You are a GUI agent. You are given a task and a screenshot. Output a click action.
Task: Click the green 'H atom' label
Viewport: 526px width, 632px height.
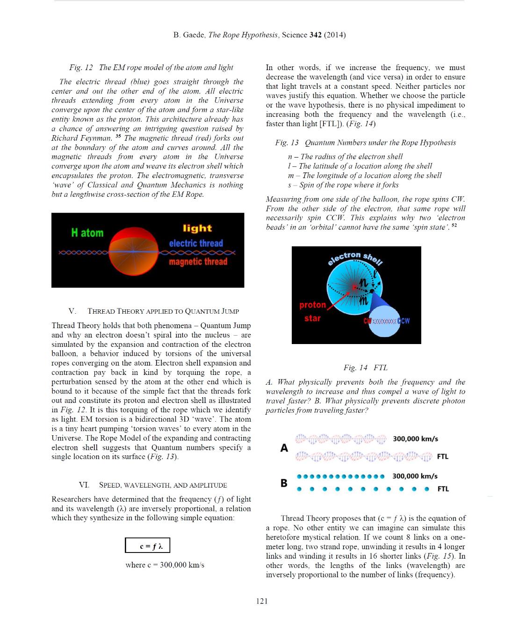tap(87, 232)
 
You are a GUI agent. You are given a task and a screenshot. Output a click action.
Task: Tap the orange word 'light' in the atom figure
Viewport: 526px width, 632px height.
tap(197, 228)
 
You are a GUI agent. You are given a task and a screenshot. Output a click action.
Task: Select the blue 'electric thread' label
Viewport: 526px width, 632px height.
tap(196, 243)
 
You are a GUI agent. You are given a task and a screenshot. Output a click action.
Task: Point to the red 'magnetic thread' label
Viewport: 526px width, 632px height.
tap(198, 262)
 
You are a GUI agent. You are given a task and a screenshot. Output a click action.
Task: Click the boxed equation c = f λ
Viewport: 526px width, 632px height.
tap(147, 546)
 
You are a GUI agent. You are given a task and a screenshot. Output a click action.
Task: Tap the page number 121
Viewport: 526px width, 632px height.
tap(262, 601)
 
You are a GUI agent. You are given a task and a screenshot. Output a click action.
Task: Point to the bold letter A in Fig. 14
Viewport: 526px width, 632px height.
tap(284, 448)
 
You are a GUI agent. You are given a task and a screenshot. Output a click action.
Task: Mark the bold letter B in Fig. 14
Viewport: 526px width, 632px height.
tap(284, 483)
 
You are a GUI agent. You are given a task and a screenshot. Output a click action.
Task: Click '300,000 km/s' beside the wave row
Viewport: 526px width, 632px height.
tap(415, 439)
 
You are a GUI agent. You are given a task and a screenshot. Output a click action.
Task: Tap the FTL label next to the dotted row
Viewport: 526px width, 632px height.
tap(443, 489)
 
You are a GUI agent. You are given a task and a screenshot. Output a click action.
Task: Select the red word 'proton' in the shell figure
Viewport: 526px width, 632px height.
tap(312, 305)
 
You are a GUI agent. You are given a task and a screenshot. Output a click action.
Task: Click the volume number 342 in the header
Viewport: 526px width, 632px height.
tap(316, 35)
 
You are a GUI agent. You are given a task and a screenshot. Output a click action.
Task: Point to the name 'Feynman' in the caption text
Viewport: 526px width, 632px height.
tap(98, 138)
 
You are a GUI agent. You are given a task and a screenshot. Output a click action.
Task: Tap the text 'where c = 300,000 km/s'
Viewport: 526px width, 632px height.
tap(165, 565)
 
